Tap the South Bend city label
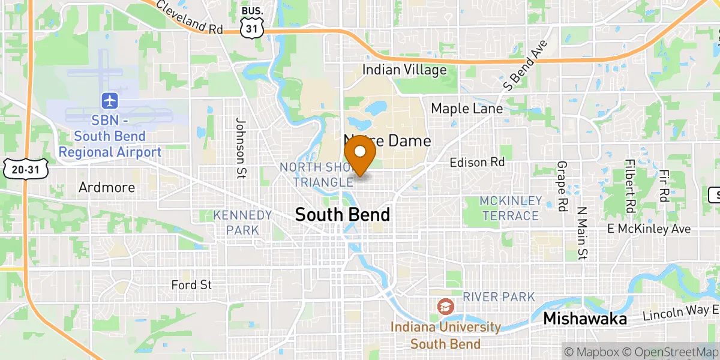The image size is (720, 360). (x=343, y=215)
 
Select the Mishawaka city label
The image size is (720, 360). (x=585, y=319)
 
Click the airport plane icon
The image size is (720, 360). (x=110, y=100)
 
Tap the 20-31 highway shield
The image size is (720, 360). (x=26, y=170)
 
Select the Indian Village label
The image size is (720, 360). (x=404, y=70)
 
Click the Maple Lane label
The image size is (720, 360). (x=467, y=109)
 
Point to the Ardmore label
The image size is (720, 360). (x=107, y=187)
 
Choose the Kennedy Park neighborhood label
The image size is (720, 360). (x=243, y=222)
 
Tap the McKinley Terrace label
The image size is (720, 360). (x=510, y=208)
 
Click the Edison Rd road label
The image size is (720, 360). (x=477, y=162)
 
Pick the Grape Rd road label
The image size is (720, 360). (x=562, y=187)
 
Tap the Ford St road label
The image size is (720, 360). (x=191, y=285)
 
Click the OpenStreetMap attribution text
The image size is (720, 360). (x=676, y=351)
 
